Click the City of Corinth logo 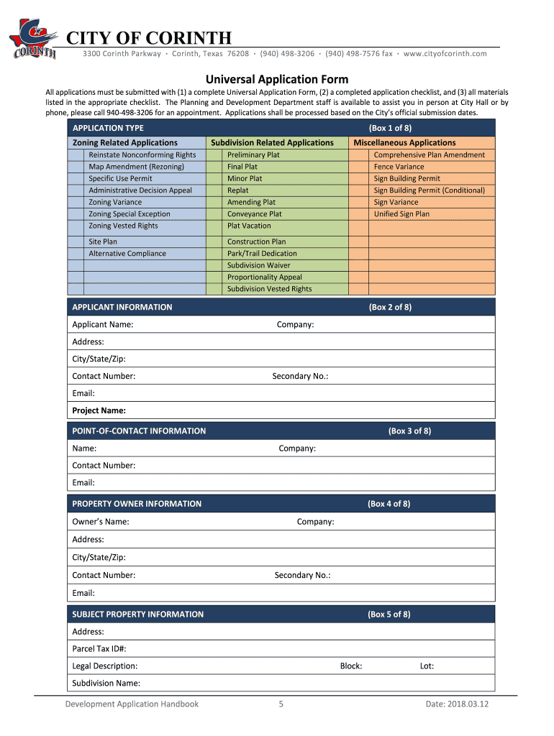click(33, 40)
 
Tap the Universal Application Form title click(277, 79)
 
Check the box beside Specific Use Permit click(78, 178)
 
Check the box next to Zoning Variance click(78, 202)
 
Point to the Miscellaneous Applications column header click(404, 143)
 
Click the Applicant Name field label click(102, 325)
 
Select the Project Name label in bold click(99, 411)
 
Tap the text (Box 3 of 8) click(409, 431)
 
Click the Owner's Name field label click(101, 522)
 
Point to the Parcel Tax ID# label click(99, 649)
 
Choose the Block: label click(351, 666)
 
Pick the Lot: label click(427, 666)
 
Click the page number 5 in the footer click(281, 704)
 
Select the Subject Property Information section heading click(137, 615)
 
